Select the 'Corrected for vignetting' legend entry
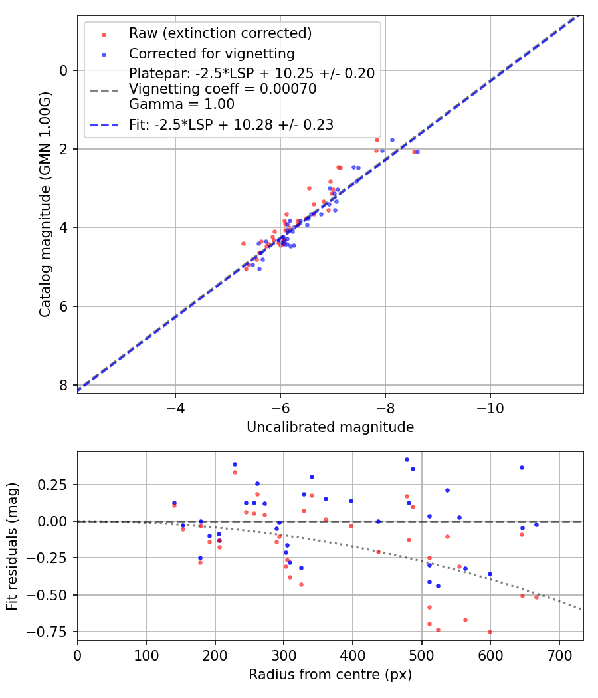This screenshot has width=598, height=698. tap(211, 53)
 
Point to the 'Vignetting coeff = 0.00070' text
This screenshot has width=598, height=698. tap(223, 89)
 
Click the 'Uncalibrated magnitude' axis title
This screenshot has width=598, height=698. tap(330, 427)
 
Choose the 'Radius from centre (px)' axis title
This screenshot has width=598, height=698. tap(330, 675)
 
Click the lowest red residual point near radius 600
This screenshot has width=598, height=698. tap(490, 632)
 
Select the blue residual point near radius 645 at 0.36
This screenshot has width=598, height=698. tap(522, 467)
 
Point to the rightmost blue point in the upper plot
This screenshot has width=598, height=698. tap(417, 152)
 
